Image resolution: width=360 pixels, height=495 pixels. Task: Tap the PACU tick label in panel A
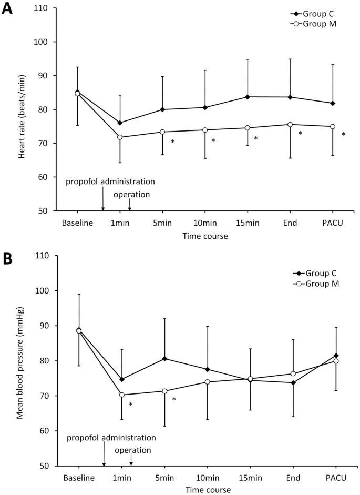[333, 223]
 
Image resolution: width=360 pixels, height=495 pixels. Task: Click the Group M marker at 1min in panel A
[120, 137]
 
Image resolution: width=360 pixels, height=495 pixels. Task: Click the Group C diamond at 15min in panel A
[248, 97]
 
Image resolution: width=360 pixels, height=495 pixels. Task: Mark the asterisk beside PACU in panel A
[344, 134]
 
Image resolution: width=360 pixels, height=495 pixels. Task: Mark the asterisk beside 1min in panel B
[130, 405]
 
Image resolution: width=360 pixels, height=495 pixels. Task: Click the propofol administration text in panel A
[110, 181]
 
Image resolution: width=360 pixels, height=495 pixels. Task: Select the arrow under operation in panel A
[130, 205]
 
